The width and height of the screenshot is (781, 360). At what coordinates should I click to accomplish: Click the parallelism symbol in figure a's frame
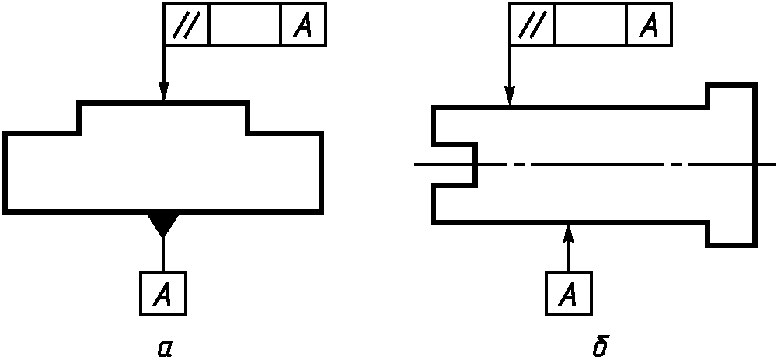pyautogui.click(x=187, y=24)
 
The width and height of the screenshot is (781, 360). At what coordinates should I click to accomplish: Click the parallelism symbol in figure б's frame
pyautogui.click(x=532, y=24)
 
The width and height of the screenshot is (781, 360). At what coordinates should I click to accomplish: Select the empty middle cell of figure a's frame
pyautogui.click(x=245, y=24)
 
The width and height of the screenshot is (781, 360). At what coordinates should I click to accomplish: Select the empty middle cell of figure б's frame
pyautogui.click(x=591, y=24)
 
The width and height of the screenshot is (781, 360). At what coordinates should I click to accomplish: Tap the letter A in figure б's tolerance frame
pyautogui.click(x=649, y=25)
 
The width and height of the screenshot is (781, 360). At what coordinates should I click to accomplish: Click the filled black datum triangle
pyautogui.click(x=163, y=224)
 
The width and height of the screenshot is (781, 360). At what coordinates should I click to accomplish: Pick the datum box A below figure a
pyautogui.click(x=163, y=293)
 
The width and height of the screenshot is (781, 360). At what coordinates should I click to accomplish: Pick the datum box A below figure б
pyautogui.click(x=569, y=293)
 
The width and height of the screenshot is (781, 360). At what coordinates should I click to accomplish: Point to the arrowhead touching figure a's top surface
pyautogui.click(x=164, y=91)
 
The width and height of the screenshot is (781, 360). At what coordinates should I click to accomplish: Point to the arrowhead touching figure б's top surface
pyautogui.click(x=510, y=95)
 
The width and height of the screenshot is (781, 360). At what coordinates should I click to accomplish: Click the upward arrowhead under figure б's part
pyautogui.click(x=568, y=234)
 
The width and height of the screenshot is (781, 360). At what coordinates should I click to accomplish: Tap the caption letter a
pyautogui.click(x=165, y=348)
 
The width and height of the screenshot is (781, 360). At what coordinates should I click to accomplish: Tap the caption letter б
pyautogui.click(x=601, y=346)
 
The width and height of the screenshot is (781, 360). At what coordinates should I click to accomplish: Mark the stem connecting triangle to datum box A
pyautogui.click(x=163, y=253)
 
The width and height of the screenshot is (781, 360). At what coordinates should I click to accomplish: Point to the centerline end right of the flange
pyautogui.click(x=776, y=165)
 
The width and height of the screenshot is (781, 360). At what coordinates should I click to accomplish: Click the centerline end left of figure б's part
pyautogui.click(x=415, y=165)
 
